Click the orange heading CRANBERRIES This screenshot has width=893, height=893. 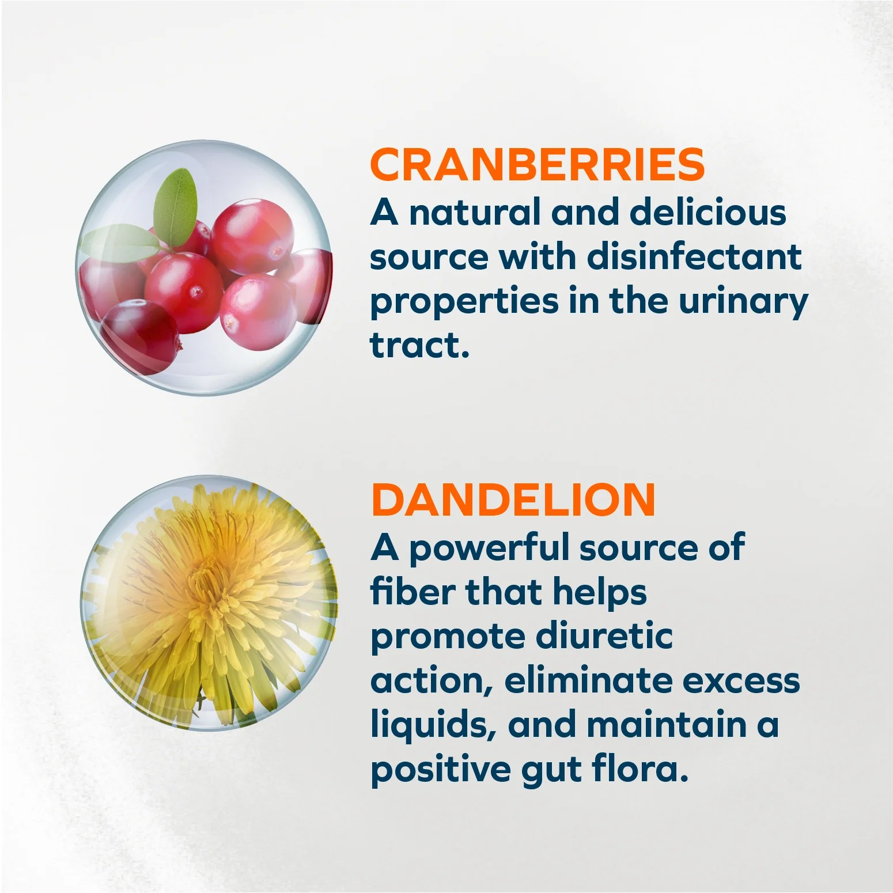pos(538,165)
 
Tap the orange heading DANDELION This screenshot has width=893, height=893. pos(513,500)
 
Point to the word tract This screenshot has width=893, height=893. pos(419,345)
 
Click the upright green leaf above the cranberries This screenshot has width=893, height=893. pos(176,207)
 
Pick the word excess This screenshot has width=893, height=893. pos(741,682)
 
